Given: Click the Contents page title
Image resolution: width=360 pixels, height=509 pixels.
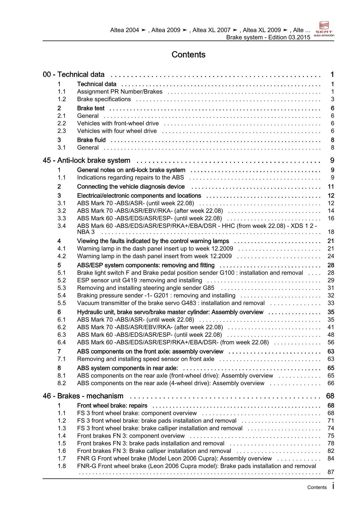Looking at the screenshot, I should point(188,55).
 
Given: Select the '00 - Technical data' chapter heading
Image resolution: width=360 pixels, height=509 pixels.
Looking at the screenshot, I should point(73,75).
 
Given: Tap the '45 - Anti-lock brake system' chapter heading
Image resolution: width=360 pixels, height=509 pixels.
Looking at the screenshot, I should point(86,161).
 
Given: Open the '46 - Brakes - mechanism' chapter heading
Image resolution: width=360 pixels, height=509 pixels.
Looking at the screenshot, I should point(83,396).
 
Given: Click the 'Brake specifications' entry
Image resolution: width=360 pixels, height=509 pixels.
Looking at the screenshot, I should point(104,99).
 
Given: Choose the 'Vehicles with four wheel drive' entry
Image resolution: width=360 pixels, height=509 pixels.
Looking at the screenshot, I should point(117,131).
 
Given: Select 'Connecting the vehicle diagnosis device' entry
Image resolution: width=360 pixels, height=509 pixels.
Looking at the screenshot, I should point(131,187).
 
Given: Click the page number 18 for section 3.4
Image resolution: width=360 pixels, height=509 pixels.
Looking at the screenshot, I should point(331,232).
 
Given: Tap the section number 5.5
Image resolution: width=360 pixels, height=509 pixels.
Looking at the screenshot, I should point(62,303).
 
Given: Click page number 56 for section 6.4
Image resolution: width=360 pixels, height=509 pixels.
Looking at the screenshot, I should point(331,343).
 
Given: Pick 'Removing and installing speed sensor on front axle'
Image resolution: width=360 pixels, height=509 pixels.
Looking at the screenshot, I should point(145,359).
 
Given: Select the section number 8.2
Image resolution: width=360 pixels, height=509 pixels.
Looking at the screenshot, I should point(62,383).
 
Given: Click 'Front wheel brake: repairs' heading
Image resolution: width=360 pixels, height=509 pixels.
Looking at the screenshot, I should point(112,406).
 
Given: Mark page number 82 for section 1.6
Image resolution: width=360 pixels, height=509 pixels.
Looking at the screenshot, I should point(331,451).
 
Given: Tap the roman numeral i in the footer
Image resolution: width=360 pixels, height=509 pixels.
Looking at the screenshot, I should point(333,486).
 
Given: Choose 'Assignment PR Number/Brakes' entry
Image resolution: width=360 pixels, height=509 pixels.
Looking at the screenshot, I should point(120,92).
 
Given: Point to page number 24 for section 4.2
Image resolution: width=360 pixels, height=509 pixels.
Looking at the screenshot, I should point(331,256).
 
